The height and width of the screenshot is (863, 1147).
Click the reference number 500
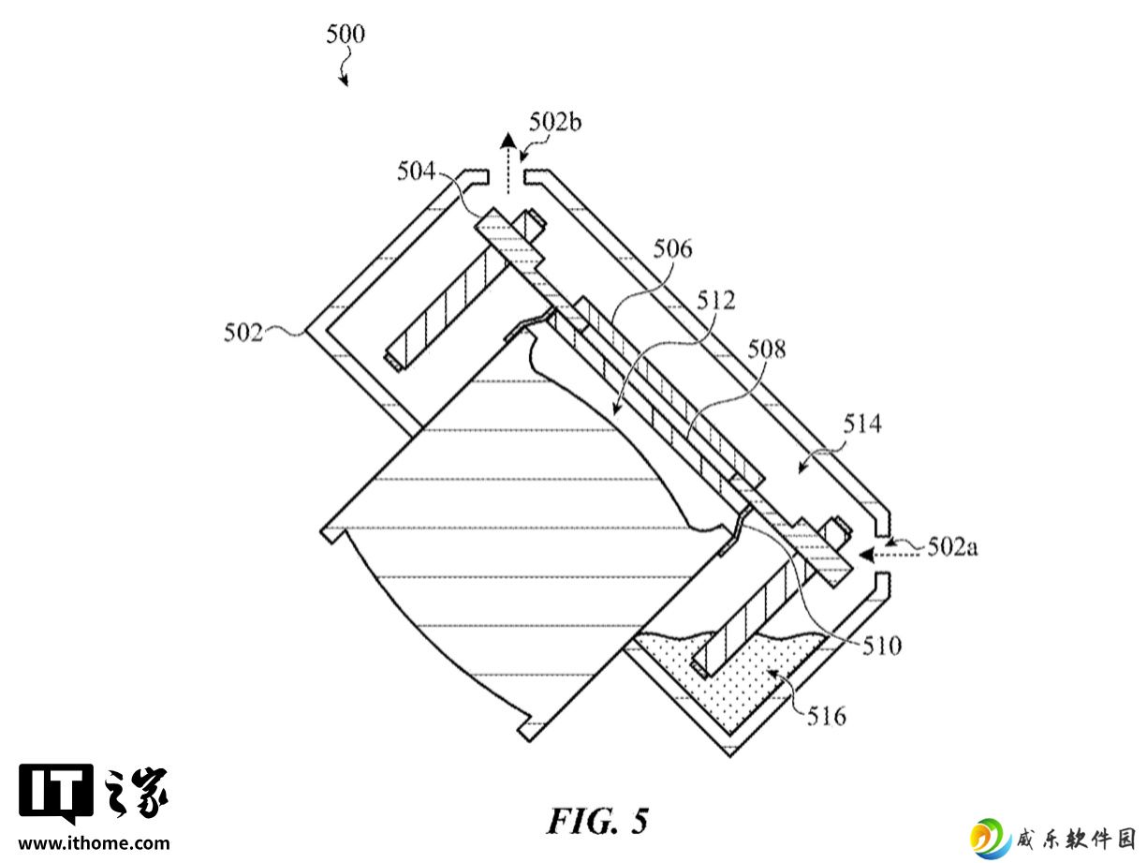pyautogui.click(x=346, y=35)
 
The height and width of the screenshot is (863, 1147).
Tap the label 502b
pyautogui.click(x=555, y=122)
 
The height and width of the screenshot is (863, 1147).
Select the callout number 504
pyautogui.click(x=416, y=171)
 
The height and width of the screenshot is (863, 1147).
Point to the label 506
pyautogui.click(x=673, y=249)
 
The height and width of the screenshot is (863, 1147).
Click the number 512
pyautogui.click(x=716, y=300)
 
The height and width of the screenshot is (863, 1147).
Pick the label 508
pyautogui.click(x=767, y=349)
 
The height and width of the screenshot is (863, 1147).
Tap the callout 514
pyautogui.click(x=862, y=424)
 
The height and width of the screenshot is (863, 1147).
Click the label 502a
pyautogui.click(x=952, y=547)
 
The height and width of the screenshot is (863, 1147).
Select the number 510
pyautogui.click(x=882, y=646)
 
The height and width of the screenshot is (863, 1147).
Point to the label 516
pyautogui.click(x=827, y=716)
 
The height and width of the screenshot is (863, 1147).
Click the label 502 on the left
pyautogui.click(x=243, y=333)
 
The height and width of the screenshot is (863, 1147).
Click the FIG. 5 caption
pyautogui.click(x=597, y=821)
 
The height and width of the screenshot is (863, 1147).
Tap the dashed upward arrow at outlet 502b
pyautogui.click(x=507, y=164)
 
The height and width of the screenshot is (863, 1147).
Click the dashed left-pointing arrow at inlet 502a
pyautogui.click(x=889, y=554)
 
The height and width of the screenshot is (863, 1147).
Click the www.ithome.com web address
pyautogui.click(x=94, y=843)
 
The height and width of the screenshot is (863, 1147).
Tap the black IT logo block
pyautogui.click(x=56, y=793)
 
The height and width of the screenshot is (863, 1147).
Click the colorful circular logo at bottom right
pyautogui.click(x=990, y=839)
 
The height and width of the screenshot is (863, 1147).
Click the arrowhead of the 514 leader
pyautogui.click(x=802, y=467)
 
